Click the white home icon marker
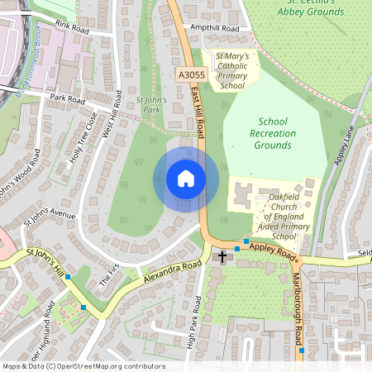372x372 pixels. (186, 179)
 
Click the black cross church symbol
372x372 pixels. (222, 257)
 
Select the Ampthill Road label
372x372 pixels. (214, 28)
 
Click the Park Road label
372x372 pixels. (68, 99)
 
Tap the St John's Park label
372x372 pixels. (151, 104)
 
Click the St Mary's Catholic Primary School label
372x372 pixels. (231, 70)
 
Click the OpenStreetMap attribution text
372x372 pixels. (83, 366)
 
